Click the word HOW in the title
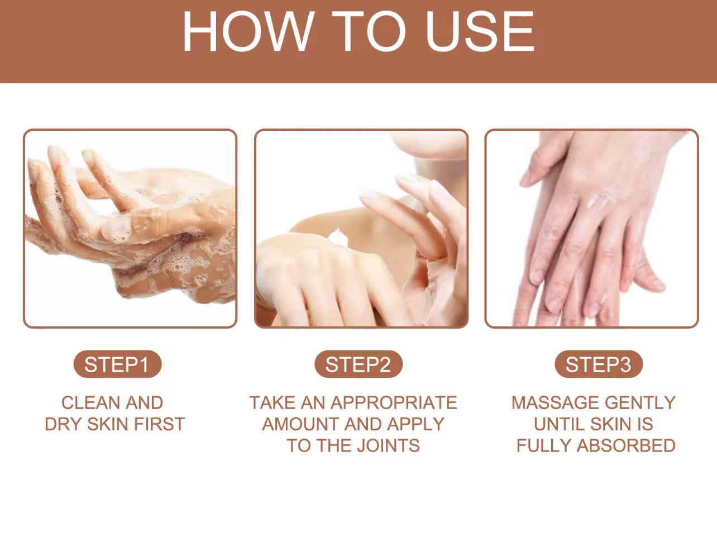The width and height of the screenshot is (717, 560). click(248, 31)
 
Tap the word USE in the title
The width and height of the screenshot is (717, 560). click(480, 31)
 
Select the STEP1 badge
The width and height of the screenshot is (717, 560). click(117, 364)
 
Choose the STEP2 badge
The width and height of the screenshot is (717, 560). click(358, 364)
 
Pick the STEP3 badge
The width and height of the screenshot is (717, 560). click(599, 364)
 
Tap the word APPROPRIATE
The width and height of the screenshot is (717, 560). click(394, 403)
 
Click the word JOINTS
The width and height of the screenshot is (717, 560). click(389, 446)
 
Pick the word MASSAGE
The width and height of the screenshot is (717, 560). click(555, 403)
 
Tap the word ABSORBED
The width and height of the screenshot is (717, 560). click(626, 446)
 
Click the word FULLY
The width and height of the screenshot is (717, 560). click(543, 446)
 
